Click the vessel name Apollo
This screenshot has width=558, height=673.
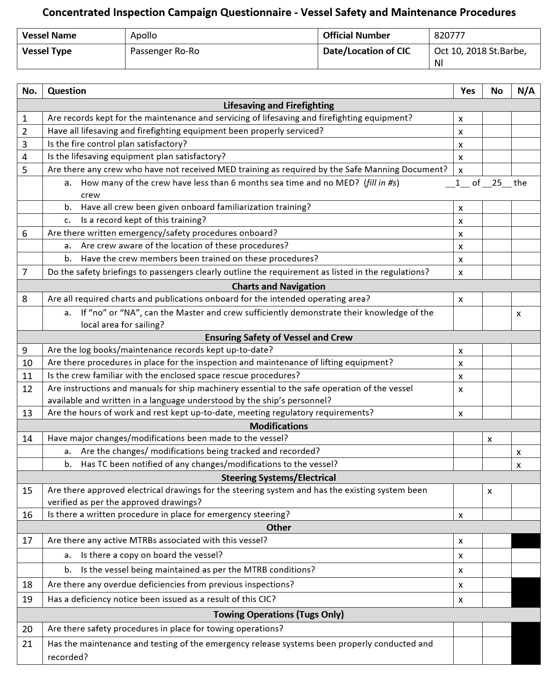click(x=144, y=35)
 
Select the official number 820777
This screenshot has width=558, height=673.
click(x=449, y=35)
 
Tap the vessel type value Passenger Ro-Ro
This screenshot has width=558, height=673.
click(x=164, y=51)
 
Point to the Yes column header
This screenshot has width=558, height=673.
click(x=468, y=91)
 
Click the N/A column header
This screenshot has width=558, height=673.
click(x=526, y=91)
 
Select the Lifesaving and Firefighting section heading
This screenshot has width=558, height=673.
click(x=279, y=105)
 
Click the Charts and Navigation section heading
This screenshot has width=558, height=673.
click(x=279, y=286)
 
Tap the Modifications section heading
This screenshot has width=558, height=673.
click(x=279, y=426)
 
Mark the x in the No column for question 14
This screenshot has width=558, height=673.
click(x=490, y=439)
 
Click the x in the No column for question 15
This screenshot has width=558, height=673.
click(x=490, y=491)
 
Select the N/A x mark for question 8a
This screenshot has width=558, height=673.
click(x=519, y=314)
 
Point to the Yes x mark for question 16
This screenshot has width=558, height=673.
click(x=461, y=515)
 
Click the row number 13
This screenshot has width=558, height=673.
click(x=27, y=413)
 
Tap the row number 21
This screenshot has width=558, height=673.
click(x=27, y=644)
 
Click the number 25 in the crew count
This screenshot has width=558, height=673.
click(x=497, y=183)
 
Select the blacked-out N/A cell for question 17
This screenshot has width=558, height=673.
click(x=526, y=541)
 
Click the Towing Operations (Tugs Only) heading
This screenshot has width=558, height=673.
click(x=279, y=615)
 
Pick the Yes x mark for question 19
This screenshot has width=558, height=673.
click(x=461, y=600)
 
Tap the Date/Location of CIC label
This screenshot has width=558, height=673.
click(x=367, y=51)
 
